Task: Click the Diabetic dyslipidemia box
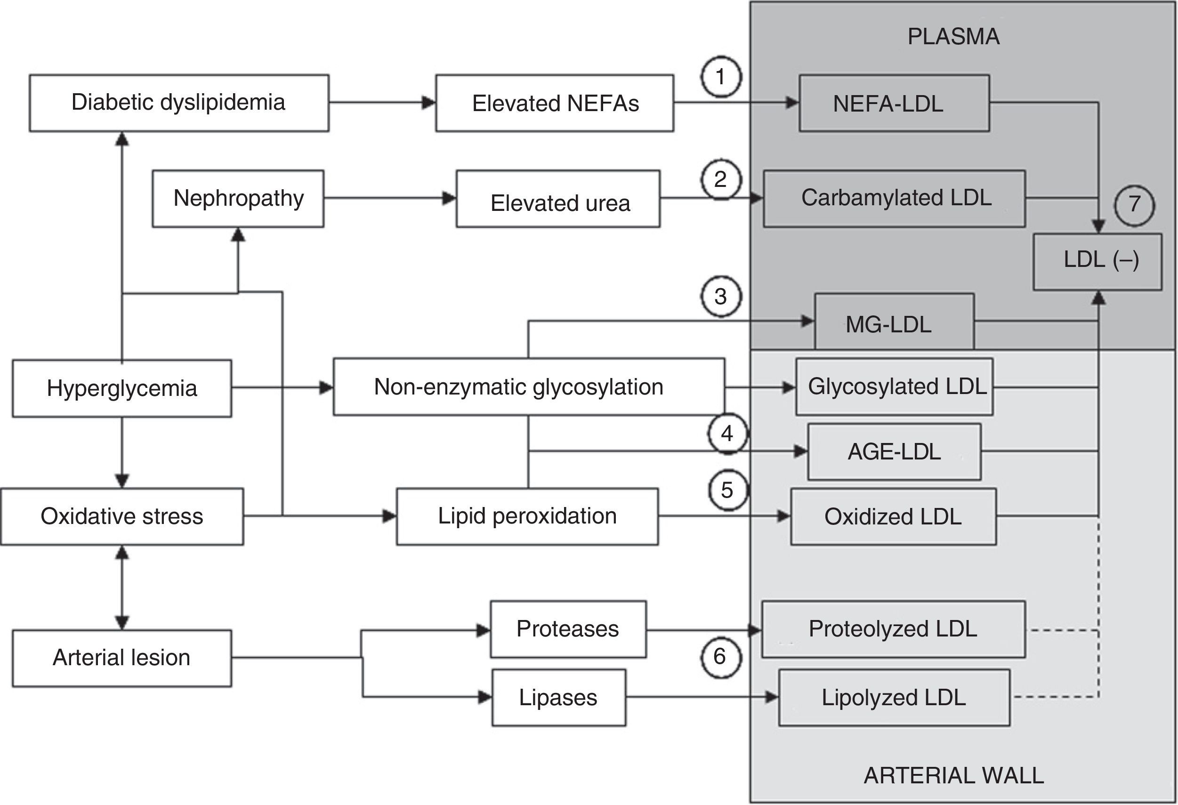tap(178, 103)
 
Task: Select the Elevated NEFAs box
tap(555, 103)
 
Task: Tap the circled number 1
tap(721, 77)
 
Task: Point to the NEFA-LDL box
tap(894, 104)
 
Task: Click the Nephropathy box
tap(238, 198)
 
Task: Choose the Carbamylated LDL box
tap(894, 198)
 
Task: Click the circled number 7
tap(1134, 205)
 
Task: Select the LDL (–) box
tap(1097, 262)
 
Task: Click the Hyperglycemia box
tap(121, 388)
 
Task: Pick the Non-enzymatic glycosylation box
tap(528, 387)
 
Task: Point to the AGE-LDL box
tap(894, 451)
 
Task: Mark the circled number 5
tap(727, 490)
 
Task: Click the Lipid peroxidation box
tap(527, 516)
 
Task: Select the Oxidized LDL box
tap(893, 516)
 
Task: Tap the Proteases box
tap(568, 629)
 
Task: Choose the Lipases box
tap(558, 698)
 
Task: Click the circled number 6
tap(720, 657)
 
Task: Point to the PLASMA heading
tap(953, 37)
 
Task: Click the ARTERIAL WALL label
tap(953, 776)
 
